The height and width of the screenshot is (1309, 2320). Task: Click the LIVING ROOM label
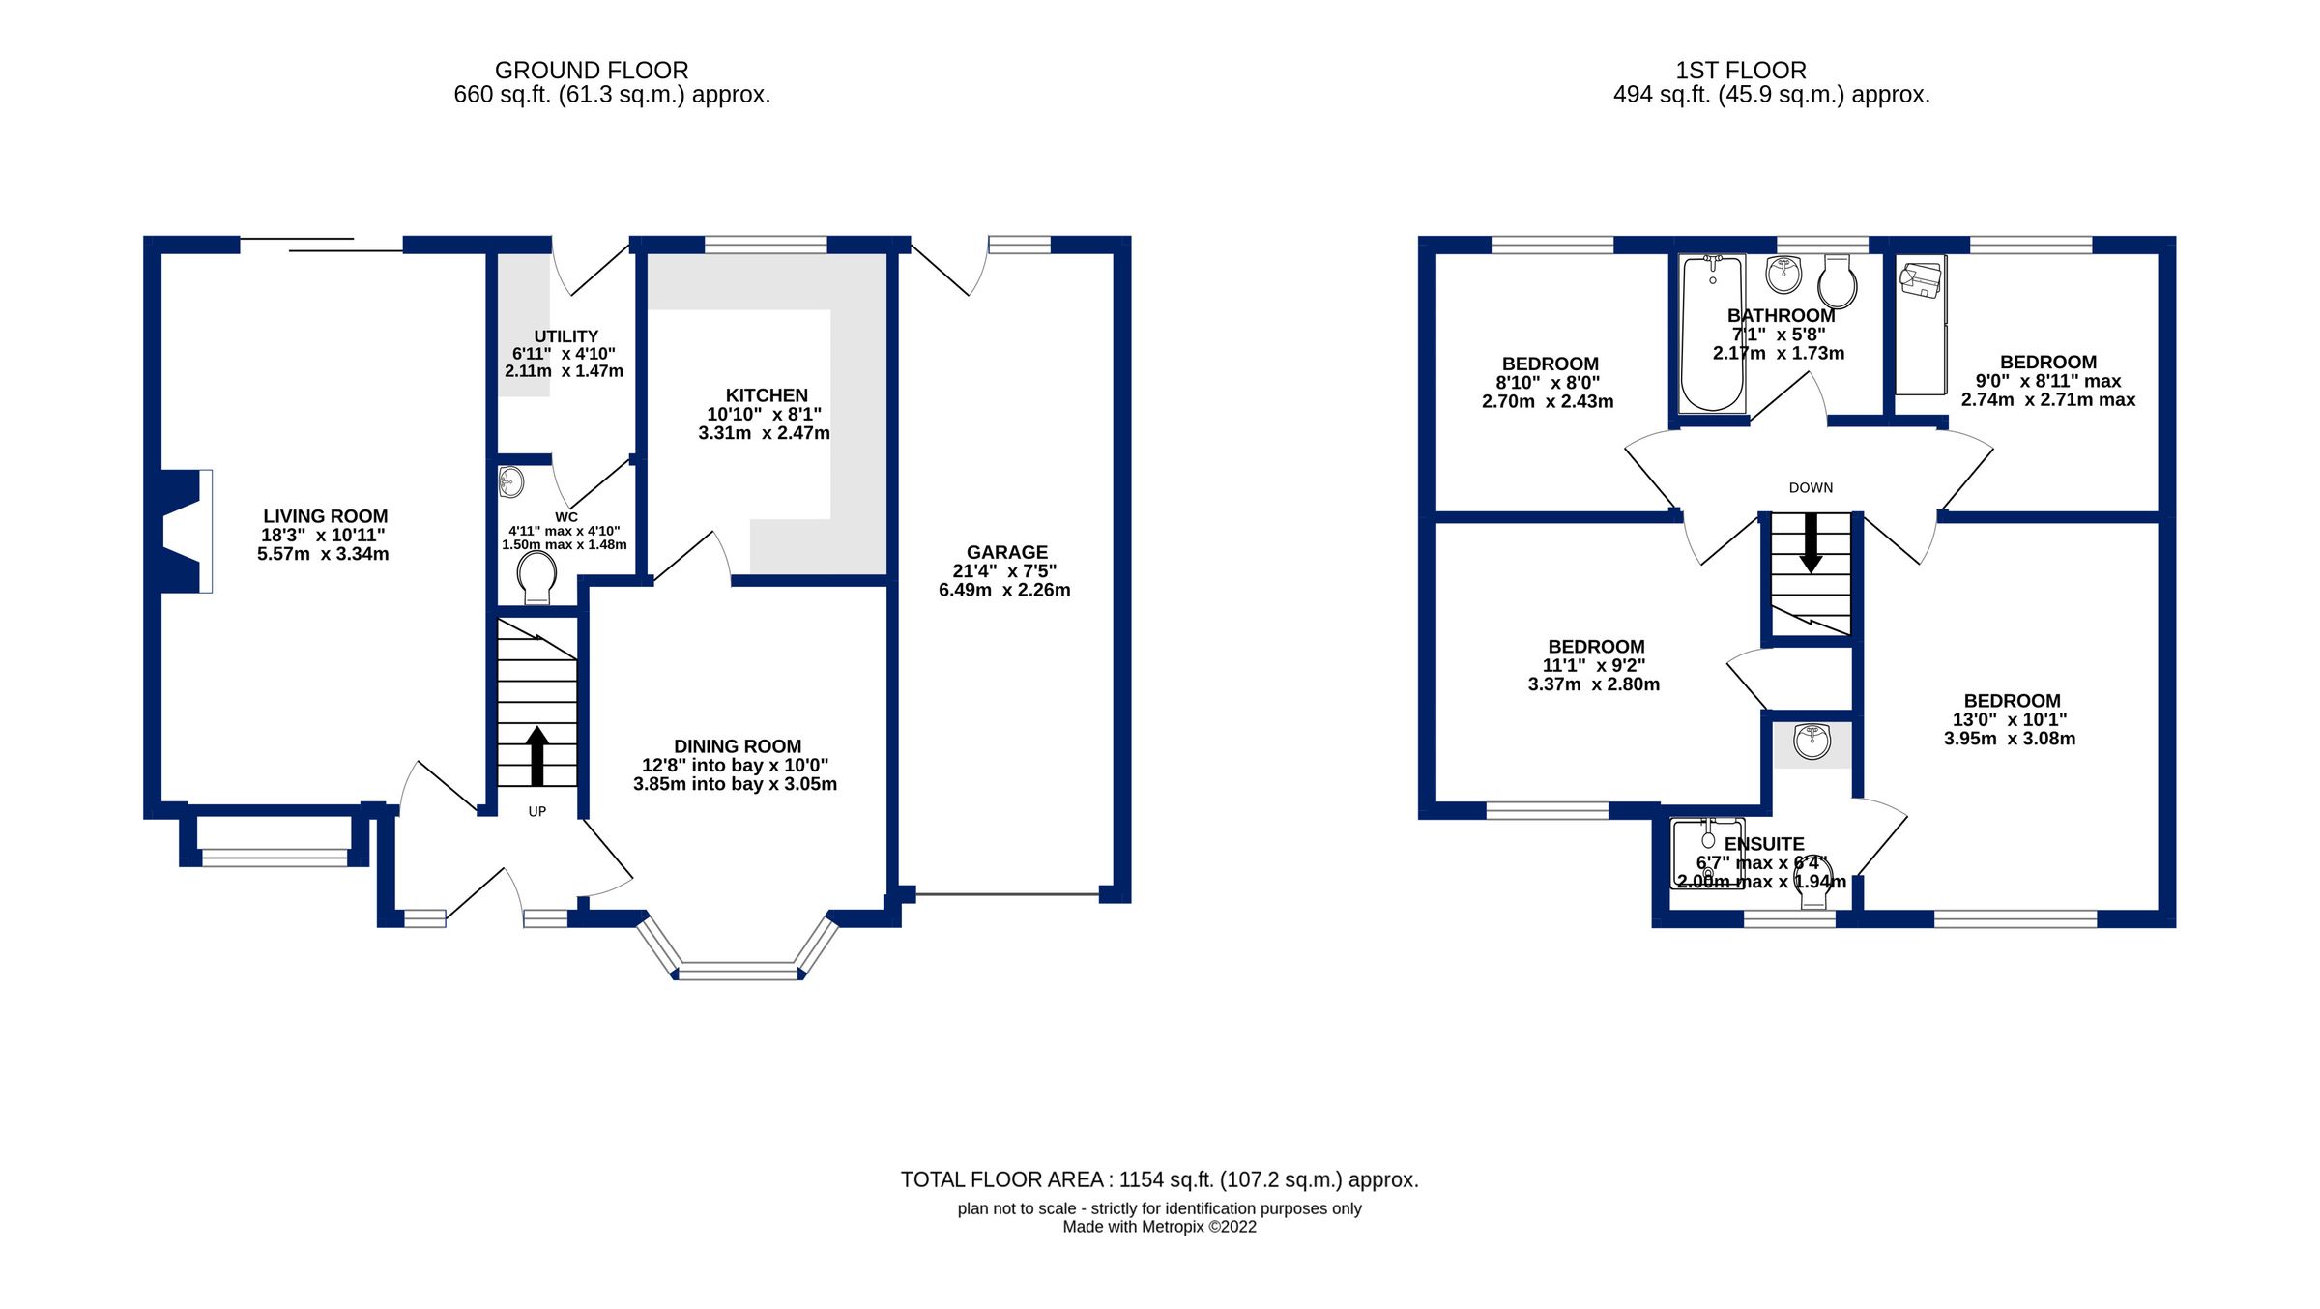click(325, 516)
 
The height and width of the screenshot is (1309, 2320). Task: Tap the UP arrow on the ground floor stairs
click(537, 755)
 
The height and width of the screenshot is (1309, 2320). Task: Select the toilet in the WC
click(536, 581)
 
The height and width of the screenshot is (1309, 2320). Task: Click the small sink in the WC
click(510, 481)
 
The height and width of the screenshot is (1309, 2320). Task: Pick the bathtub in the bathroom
click(1712, 334)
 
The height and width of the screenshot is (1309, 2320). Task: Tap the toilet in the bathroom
click(1837, 282)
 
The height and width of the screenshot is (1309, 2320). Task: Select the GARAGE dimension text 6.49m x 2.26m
click(1004, 590)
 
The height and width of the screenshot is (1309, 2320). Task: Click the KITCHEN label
click(767, 395)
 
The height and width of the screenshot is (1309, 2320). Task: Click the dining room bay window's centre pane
click(739, 971)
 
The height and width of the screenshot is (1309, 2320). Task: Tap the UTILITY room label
click(565, 336)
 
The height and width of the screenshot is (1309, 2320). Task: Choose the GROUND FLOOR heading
click(592, 71)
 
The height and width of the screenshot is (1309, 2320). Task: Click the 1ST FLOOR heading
click(1740, 71)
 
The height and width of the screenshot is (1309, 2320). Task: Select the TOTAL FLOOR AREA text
click(1159, 1179)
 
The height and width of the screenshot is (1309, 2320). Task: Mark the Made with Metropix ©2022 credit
click(1159, 1227)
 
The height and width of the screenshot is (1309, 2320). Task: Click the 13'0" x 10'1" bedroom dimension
click(2010, 719)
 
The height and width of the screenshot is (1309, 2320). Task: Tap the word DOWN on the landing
click(1811, 488)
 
